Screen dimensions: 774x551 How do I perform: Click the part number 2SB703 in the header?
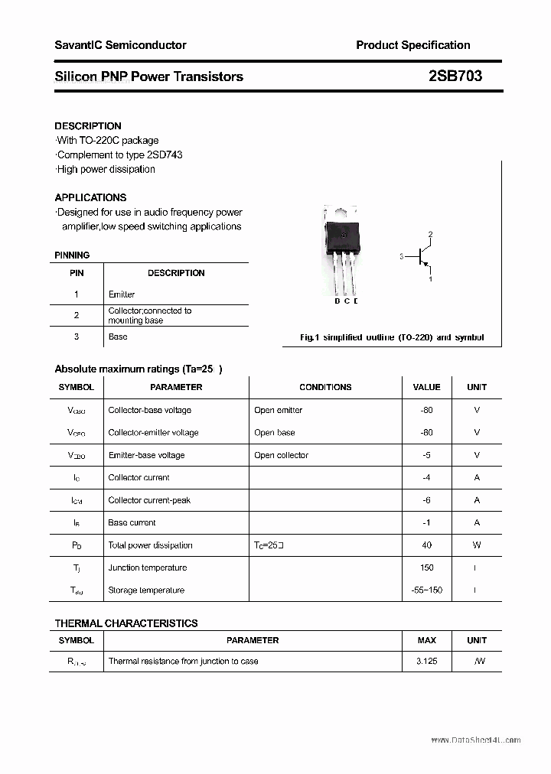[x=455, y=76]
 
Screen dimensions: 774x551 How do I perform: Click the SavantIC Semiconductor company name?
[x=120, y=45]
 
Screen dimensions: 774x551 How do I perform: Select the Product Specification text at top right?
[x=412, y=45]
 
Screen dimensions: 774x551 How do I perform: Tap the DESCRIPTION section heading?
[x=88, y=125]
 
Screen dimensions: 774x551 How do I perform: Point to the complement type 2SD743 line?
[x=119, y=154]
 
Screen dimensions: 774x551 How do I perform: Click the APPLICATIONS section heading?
[x=90, y=197]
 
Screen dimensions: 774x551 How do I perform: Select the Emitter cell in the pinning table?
[x=122, y=294]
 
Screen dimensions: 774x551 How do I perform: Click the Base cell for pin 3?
[x=118, y=337]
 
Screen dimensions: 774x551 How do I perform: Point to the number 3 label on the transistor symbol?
[x=401, y=257]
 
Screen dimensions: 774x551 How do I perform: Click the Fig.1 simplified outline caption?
[x=391, y=337]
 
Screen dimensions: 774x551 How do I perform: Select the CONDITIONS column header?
[x=325, y=387]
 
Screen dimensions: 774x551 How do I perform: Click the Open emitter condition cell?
[x=278, y=410]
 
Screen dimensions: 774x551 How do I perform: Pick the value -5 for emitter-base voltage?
[x=426, y=455]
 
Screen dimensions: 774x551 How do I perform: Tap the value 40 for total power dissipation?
[x=426, y=545]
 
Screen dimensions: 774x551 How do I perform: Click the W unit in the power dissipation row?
[x=477, y=545]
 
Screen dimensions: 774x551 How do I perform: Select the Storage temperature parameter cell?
[x=146, y=590]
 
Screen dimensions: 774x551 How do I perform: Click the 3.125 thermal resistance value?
[x=426, y=661]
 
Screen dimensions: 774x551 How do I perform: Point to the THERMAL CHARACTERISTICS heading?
[x=126, y=623]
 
